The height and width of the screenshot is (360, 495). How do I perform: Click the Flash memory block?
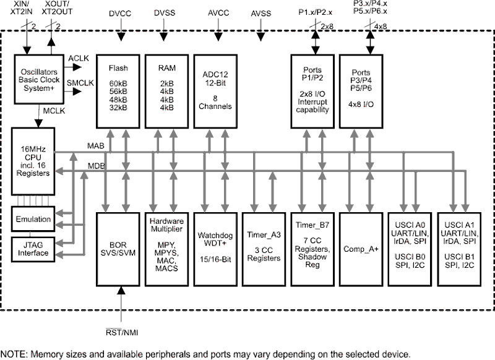click(x=118, y=91)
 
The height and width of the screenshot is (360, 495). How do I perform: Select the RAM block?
click(x=166, y=91)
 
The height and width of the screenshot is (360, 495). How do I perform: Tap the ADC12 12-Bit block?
click(x=215, y=91)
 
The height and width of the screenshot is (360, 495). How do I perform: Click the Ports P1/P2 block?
click(x=312, y=91)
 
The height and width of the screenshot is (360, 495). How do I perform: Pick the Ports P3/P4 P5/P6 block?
click(x=361, y=91)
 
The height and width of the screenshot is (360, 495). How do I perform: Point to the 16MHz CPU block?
click(x=33, y=161)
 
